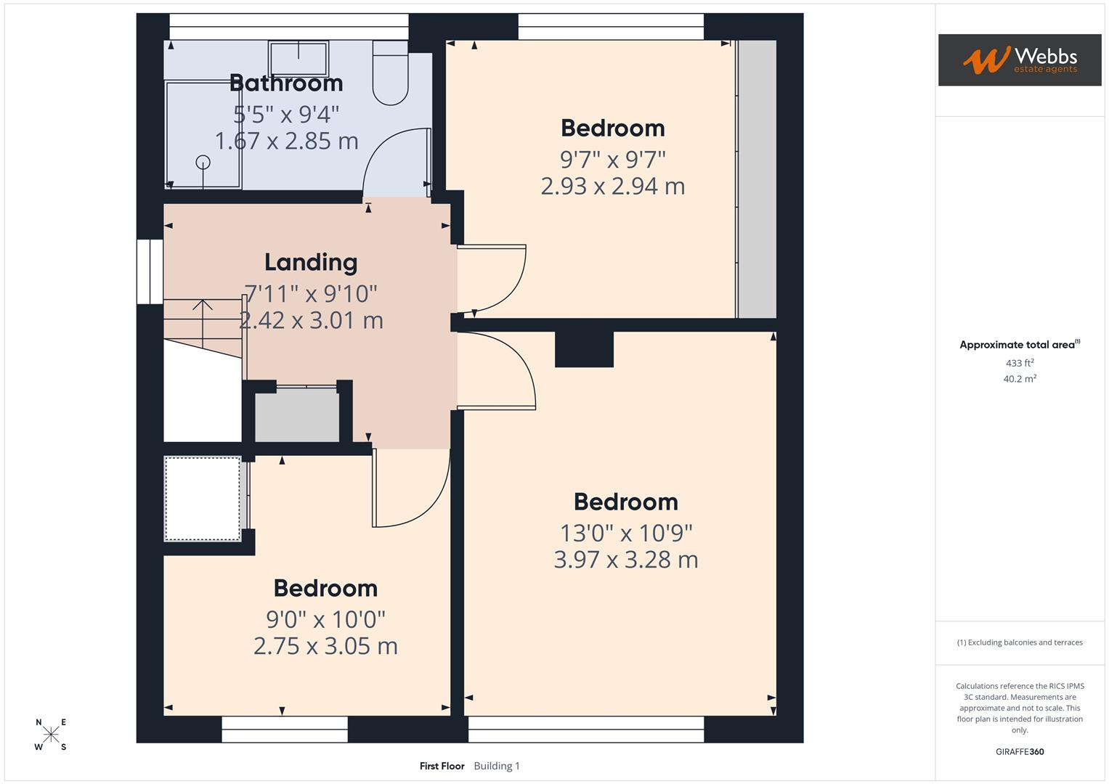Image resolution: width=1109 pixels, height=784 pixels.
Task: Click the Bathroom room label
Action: [286, 83]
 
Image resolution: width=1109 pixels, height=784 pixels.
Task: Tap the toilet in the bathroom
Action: [390, 73]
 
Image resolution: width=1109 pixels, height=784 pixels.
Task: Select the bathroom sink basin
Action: [298, 58]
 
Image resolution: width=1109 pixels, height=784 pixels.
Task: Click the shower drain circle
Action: [203, 163]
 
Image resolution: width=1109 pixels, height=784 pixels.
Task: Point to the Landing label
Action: [311, 262]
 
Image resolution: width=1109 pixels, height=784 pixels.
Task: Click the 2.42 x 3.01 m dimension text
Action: [311, 320]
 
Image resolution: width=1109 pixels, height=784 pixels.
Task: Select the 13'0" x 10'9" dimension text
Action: [626, 533]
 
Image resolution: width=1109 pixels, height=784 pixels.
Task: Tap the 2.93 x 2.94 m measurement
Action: [612, 187]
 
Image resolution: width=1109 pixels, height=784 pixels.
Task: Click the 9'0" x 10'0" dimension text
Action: [325, 619]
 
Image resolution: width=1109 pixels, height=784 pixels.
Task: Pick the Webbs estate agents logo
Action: [1020, 60]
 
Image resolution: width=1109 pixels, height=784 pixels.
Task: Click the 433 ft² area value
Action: [1020, 363]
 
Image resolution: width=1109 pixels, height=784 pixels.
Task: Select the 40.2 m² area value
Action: [1020, 379]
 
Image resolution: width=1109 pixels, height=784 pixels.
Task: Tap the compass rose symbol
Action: [51, 735]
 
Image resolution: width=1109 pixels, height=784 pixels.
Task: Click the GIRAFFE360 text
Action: [1020, 751]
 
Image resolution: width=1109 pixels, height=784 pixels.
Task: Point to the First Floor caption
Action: [442, 766]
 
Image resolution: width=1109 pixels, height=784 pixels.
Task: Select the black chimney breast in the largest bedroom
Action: [584, 349]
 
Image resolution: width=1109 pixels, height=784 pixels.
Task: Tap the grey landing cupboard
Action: [297, 415]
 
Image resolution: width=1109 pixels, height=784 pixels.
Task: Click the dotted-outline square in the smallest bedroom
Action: [203, 498]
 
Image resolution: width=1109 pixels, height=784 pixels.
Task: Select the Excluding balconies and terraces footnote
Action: [1020, 642]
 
